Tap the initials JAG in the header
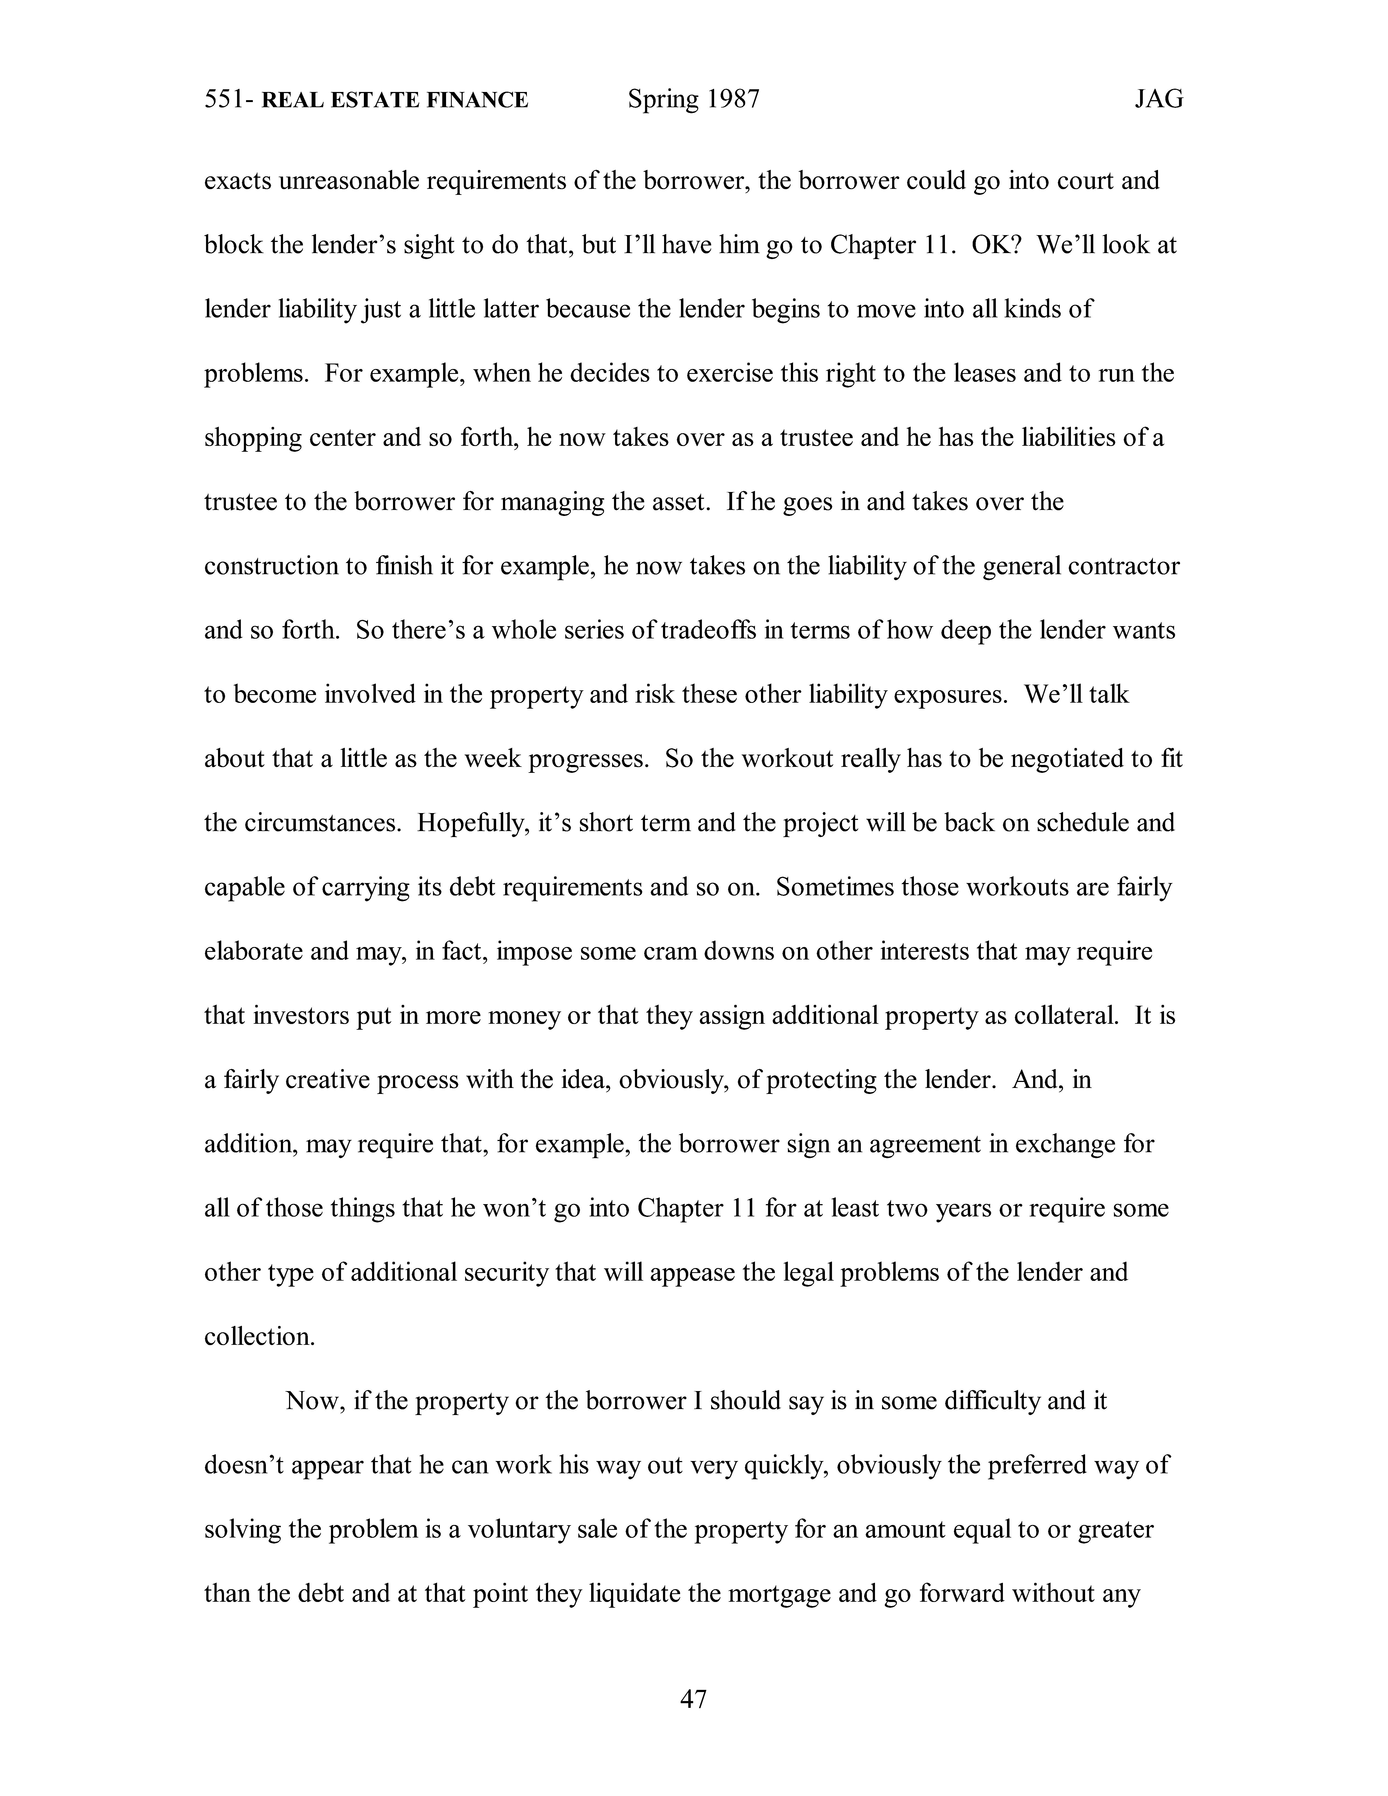tap(1159, 100)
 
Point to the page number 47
tap(693, 1698)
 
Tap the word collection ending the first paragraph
tap(259, 1336)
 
